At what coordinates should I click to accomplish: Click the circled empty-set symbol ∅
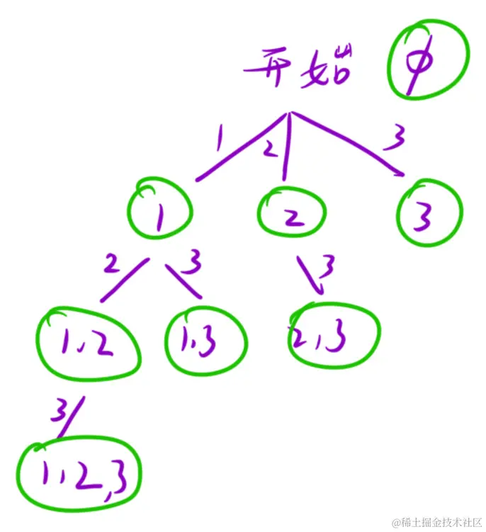point(428,65)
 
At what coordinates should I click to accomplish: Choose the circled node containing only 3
point(429,213)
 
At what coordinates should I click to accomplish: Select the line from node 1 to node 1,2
point(124,280)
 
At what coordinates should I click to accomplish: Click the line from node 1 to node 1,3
point(184,281)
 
